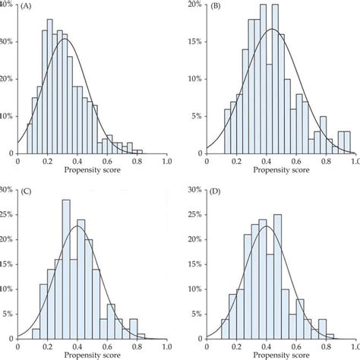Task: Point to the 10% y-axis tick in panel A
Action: coord(7,116)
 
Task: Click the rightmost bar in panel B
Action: coord(347,143)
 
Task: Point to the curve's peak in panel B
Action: coord(271,30)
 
